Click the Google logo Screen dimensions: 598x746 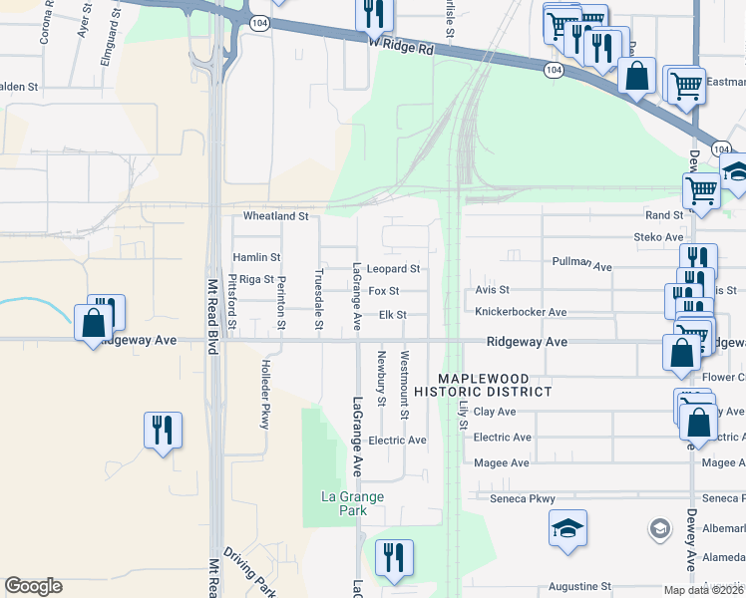point(33,586)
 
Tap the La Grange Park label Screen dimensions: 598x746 point(351,503)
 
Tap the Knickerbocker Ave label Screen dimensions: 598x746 point(521,312)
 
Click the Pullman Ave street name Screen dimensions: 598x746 point(581,264)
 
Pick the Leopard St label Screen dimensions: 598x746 point(393,269)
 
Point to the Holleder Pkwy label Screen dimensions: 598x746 point(265,394)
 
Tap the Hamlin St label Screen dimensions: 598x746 point(256,257)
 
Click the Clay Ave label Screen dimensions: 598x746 point(495,411)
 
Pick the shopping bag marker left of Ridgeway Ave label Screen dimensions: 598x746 point(93,323)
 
